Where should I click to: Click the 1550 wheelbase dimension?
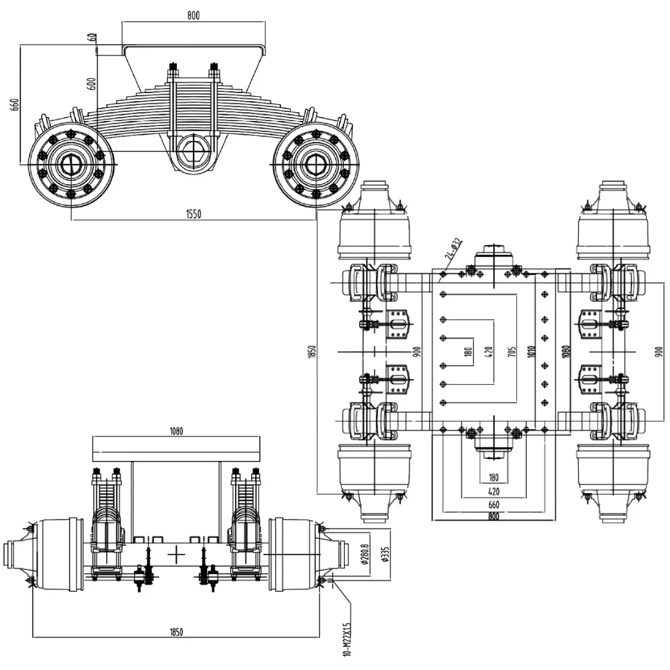pyautogui.click(x=194, y=214)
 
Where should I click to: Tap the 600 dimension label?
pyautogui.click(x=92, y=84)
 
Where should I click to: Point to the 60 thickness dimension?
pyautogui.click(x=92, y=37)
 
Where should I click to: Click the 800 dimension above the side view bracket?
pyautogui.click(x=194, y=16)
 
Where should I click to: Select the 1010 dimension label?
pyautogui.click(x=530, y=352)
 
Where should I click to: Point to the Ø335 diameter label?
pyautogui.click(x=385, y=551)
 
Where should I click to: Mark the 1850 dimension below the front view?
pyautogui.click(x=176, y=632)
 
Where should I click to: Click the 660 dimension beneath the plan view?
pyautogui.click(x=493, y=504)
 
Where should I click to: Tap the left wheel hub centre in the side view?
pyautogui.click(x=70, y=164)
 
